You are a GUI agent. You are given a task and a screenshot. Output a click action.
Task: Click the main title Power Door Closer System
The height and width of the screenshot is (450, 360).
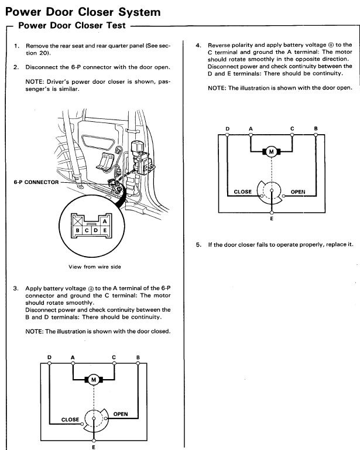(x=83, y=11)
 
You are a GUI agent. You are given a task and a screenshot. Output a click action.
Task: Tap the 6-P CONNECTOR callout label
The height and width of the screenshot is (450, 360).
(x=36, y=182)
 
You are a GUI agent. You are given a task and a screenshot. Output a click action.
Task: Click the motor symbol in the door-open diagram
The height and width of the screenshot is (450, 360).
(x=271, y=152)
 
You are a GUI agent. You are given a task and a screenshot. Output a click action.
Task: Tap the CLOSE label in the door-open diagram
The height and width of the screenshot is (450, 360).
(x=242, y=192)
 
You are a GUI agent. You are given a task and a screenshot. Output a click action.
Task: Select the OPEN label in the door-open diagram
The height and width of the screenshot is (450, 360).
(x=298, y=192)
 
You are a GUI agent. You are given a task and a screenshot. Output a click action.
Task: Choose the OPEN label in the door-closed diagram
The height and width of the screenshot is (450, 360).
(x=120, y=414)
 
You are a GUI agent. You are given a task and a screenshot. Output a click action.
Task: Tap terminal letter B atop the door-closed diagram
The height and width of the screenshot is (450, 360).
(x=138, y=357)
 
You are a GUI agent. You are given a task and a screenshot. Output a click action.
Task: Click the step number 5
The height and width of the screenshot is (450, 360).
(x=198, y=244)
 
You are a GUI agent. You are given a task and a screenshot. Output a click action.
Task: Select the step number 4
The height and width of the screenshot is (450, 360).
(x=198, y=45)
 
